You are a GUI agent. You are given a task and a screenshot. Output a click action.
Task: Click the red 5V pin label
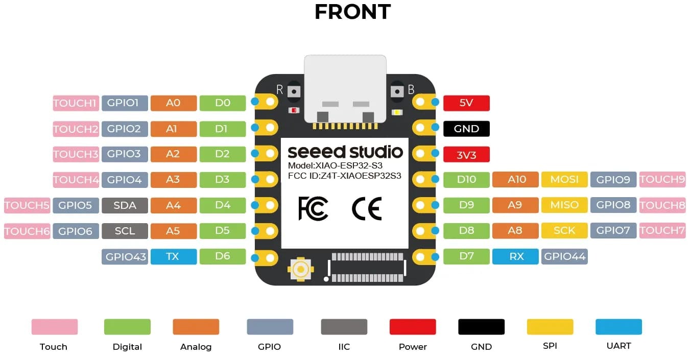coord(466,103)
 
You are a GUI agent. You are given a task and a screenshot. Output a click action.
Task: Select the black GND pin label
coord(466,129)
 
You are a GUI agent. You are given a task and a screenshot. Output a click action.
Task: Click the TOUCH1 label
coord(75,103)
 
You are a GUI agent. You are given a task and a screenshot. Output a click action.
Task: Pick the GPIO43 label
coord(125,256)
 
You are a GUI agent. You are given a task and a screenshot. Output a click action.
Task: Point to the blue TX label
coord(173,256)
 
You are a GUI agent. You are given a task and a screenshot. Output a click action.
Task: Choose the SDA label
coord(125,205)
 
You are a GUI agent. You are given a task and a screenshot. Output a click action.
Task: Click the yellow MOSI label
coord(564,179)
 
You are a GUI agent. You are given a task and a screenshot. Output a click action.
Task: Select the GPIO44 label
coord(564,256)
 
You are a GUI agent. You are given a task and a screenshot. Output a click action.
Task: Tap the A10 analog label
coord(515,179)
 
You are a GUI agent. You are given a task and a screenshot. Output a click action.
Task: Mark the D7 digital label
coord(466,256)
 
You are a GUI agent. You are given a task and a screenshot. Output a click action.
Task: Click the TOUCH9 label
coord(662,179)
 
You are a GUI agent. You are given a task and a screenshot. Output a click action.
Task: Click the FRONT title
coord(352,12)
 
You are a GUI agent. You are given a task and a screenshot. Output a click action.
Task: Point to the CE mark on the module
coord(367,209)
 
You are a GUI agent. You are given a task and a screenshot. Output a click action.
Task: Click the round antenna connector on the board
coord(300,269)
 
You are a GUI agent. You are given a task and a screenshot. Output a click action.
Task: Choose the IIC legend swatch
coord(344,327)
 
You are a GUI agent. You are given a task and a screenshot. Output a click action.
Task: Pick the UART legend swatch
coord(618,327)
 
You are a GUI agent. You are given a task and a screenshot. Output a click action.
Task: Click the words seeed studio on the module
coord(345,152)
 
